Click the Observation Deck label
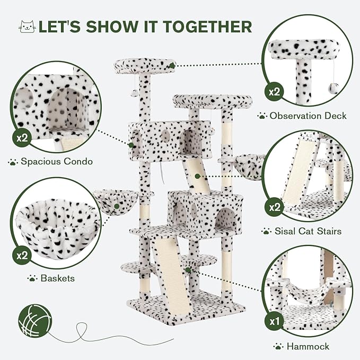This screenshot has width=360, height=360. coord(308,115)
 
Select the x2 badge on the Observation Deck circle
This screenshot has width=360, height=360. coord(274,92)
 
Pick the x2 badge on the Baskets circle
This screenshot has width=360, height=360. coord(22,254)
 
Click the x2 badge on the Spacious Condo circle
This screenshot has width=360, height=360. coord(22,139)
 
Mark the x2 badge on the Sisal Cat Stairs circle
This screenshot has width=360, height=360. coord(274,207)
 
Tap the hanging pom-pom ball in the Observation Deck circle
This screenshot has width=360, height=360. coord(333,89)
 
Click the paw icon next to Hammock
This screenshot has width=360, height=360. coord(277,346)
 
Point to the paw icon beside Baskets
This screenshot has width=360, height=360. coord(32,277)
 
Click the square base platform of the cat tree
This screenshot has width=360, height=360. coord(186,310)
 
